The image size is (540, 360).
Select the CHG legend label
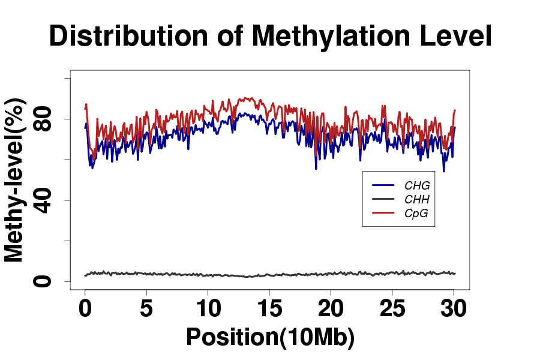pos(417,185)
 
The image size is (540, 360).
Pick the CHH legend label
pos(417,199)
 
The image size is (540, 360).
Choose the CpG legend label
pos(416,214)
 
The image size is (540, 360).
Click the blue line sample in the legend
pos(383,185)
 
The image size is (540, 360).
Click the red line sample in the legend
pos(383,213)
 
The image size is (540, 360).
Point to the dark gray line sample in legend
pos(383,199)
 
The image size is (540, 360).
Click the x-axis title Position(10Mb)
pos(270,337)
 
